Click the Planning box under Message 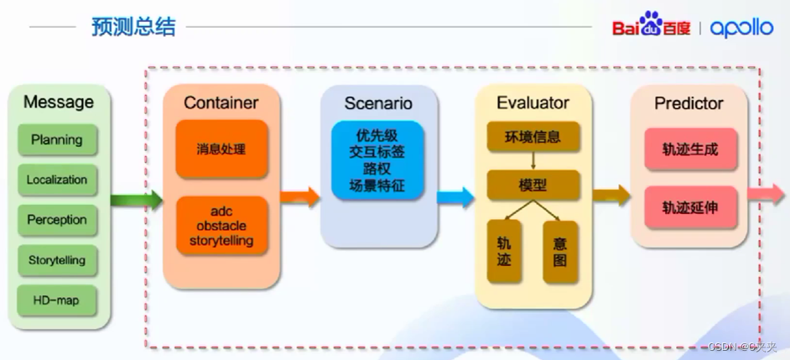coord(57,140)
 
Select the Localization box coord(57,180)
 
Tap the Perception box coord(57,220)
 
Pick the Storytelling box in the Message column coord(57,260)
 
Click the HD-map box coord(57,300)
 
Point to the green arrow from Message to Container coord(136,200)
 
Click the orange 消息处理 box coord(221,149)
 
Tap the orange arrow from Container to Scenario coord(299,197)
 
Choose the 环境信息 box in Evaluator coord(533,137)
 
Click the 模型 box coord(533,185)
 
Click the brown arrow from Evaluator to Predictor coord(611,196)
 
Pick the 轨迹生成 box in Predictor coord(689,150)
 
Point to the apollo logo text coord(741,28)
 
